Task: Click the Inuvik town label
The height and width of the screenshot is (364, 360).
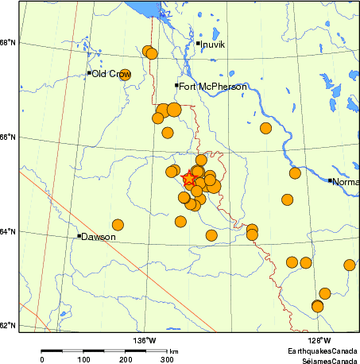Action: (213, 45)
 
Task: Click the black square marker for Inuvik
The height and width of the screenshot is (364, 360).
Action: (198, 43)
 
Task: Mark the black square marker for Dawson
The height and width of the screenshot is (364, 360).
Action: (79, 235)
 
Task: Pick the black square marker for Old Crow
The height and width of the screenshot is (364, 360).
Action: (90, 73)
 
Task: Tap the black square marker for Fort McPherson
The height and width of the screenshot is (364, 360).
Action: (176, 85)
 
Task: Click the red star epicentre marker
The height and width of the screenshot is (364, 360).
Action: (189, 180)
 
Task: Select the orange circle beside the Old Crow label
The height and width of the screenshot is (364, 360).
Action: (125, 75)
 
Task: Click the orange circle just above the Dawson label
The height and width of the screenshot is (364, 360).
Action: (118, 225)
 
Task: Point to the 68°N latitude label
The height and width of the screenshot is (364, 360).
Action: (9, 43)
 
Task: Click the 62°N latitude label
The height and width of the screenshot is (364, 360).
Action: (9, 326)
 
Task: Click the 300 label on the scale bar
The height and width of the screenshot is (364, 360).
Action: (168, 360)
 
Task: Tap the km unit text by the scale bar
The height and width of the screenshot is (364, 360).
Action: (173, 350)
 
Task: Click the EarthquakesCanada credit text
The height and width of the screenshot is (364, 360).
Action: (322, 350)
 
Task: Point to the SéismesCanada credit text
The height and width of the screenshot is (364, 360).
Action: (325, 359)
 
